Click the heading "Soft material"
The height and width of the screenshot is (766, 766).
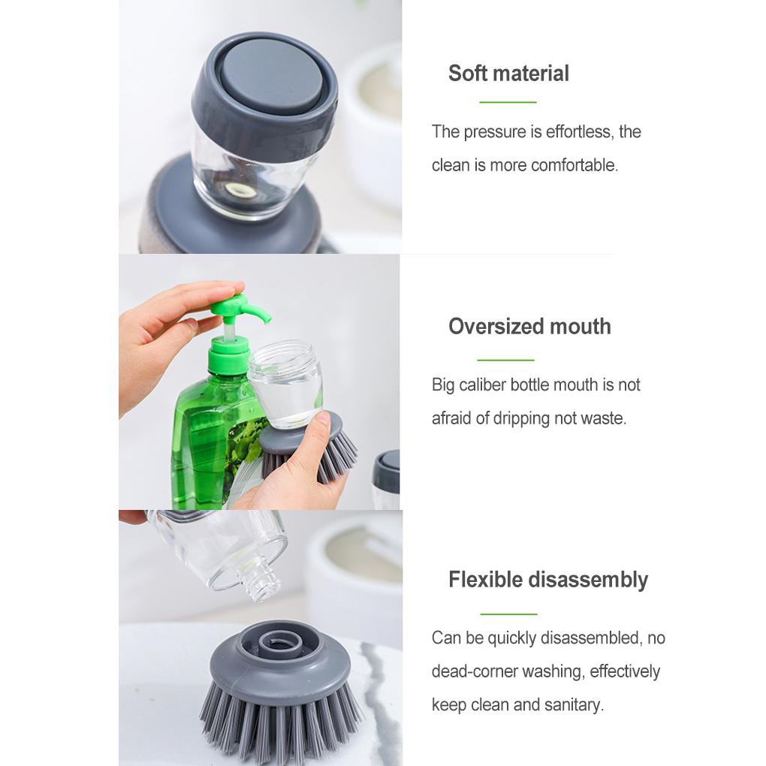pyautogui.click(x=508, y=74)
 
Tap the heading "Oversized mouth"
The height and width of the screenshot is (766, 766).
pyautogui.click(x=529, y=327)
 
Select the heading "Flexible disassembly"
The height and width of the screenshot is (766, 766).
pyautogui.click(x=548, y=580)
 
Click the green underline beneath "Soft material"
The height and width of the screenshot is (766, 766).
pyautogui.click(x=508, y=101)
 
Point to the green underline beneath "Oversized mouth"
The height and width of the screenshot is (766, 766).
pyautogui.click(x=505, y=360)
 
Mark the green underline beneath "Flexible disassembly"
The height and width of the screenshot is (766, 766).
pyautogui.click(x=508, y=614)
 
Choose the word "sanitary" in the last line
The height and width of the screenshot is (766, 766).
pyautogui.click(x=574, y=704)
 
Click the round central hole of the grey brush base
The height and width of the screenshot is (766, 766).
pyautogui.click(x=282, y=641)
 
